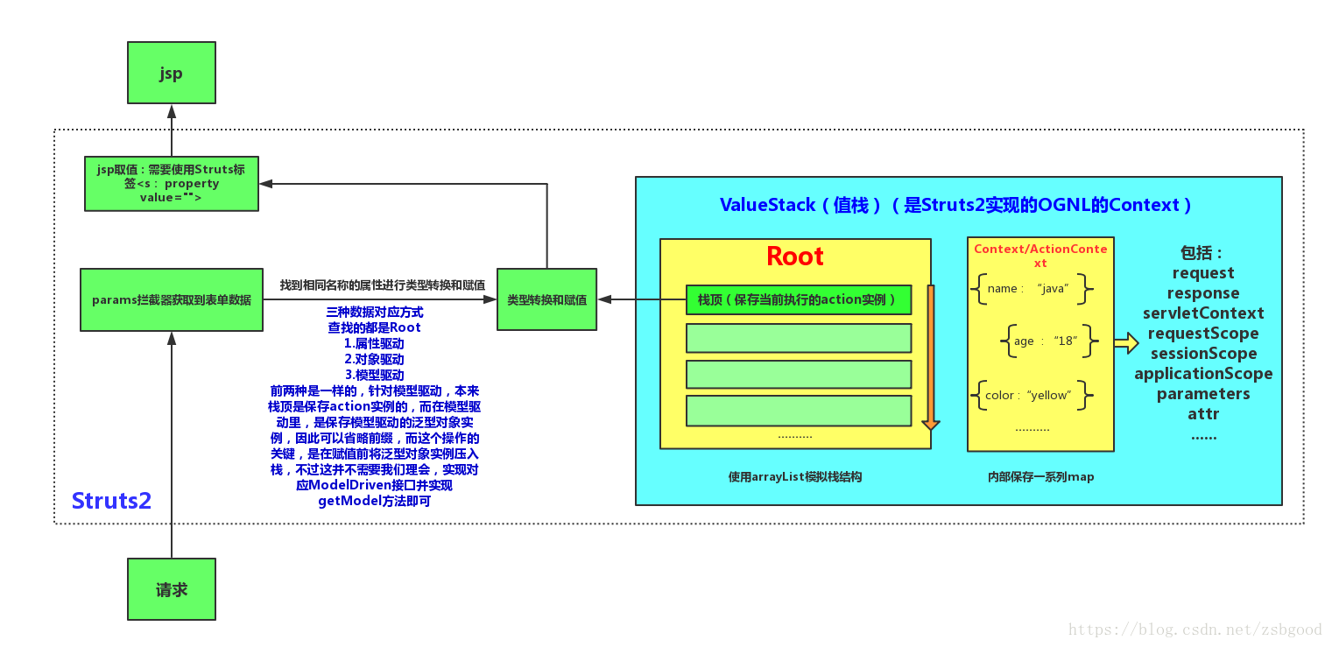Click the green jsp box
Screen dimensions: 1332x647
tap(172, 73)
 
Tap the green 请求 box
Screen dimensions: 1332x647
tap(172, 589)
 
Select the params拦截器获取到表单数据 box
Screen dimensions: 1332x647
tap(172, 299)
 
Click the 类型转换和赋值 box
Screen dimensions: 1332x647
tap(546, 299)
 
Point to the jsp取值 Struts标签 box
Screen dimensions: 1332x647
tap(172, 184)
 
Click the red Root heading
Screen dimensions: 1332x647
tap(795, 257)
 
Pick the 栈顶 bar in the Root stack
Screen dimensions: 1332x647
tap(799, 299)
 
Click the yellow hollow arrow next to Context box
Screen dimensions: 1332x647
tap(1126, 342)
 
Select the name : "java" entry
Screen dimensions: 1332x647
tap(1031, 289)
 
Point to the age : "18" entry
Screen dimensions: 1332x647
tap(1048, 341)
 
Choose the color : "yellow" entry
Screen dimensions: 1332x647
tap(1031, 395)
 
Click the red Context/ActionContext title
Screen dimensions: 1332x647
tap(1040, 256)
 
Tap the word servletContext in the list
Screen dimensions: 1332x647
tap(1203, 313)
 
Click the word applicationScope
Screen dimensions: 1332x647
tap(1203, 374)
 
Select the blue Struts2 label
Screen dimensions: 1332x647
tap(111, 501)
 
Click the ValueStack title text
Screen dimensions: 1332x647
tap(955, 205)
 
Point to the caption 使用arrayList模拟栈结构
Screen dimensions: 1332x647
tap(795, 477)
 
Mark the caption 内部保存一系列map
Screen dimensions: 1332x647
tap(1040, 477)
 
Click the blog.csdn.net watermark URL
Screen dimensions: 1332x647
tap(1195, 629)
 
